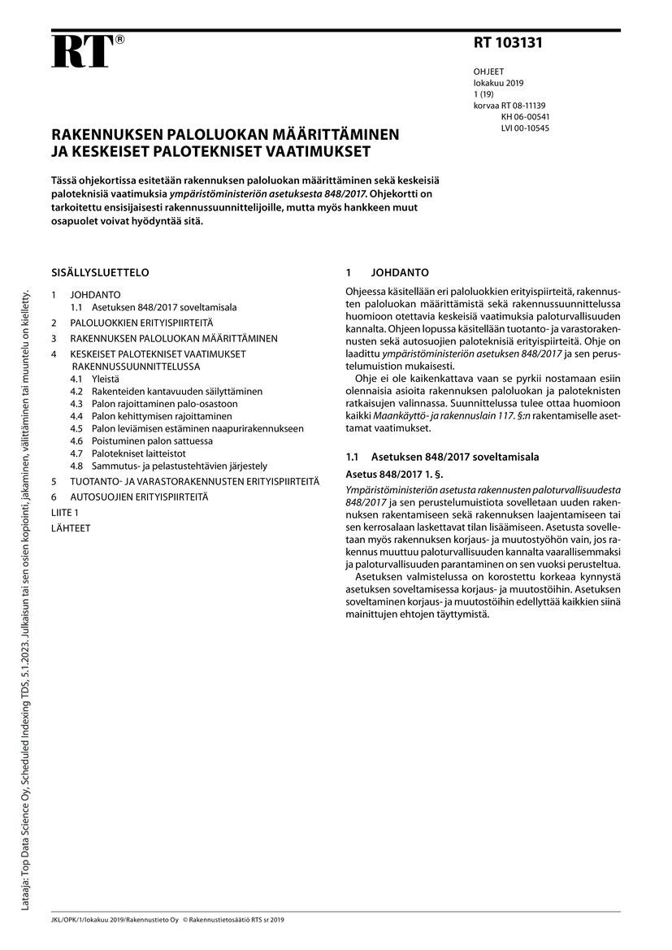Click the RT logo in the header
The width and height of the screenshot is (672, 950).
tap(82, 51)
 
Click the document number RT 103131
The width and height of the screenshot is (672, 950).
tap(508, 44)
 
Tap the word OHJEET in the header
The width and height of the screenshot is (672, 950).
tap(488, 72)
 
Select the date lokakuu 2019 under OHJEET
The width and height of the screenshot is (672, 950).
tap(499, 84)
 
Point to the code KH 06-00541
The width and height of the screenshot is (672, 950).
tap(525, 117)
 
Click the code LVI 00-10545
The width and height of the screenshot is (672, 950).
tap(525, 128)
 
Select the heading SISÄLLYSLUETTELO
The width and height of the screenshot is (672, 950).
tap(100, 273)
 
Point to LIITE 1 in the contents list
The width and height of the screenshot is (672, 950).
tap(65, 513)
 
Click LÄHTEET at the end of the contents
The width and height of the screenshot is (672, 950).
tap(71, 527)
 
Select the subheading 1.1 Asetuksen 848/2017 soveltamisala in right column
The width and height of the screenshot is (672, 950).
tap(442, 458)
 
